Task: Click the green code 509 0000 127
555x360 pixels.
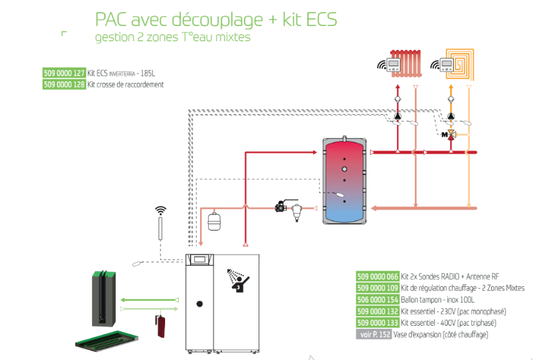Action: click(64, 72)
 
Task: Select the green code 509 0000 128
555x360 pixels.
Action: click(64, 84)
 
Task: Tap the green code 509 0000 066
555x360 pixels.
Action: click(377, 276)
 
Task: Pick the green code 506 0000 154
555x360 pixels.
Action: click(377, 299)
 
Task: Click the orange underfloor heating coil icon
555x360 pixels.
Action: click(463, 62)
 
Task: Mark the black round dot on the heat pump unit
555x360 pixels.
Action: click(199, 304)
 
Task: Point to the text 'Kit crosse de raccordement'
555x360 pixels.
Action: click(126, 84)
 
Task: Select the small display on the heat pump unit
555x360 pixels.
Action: click(200, 260)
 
